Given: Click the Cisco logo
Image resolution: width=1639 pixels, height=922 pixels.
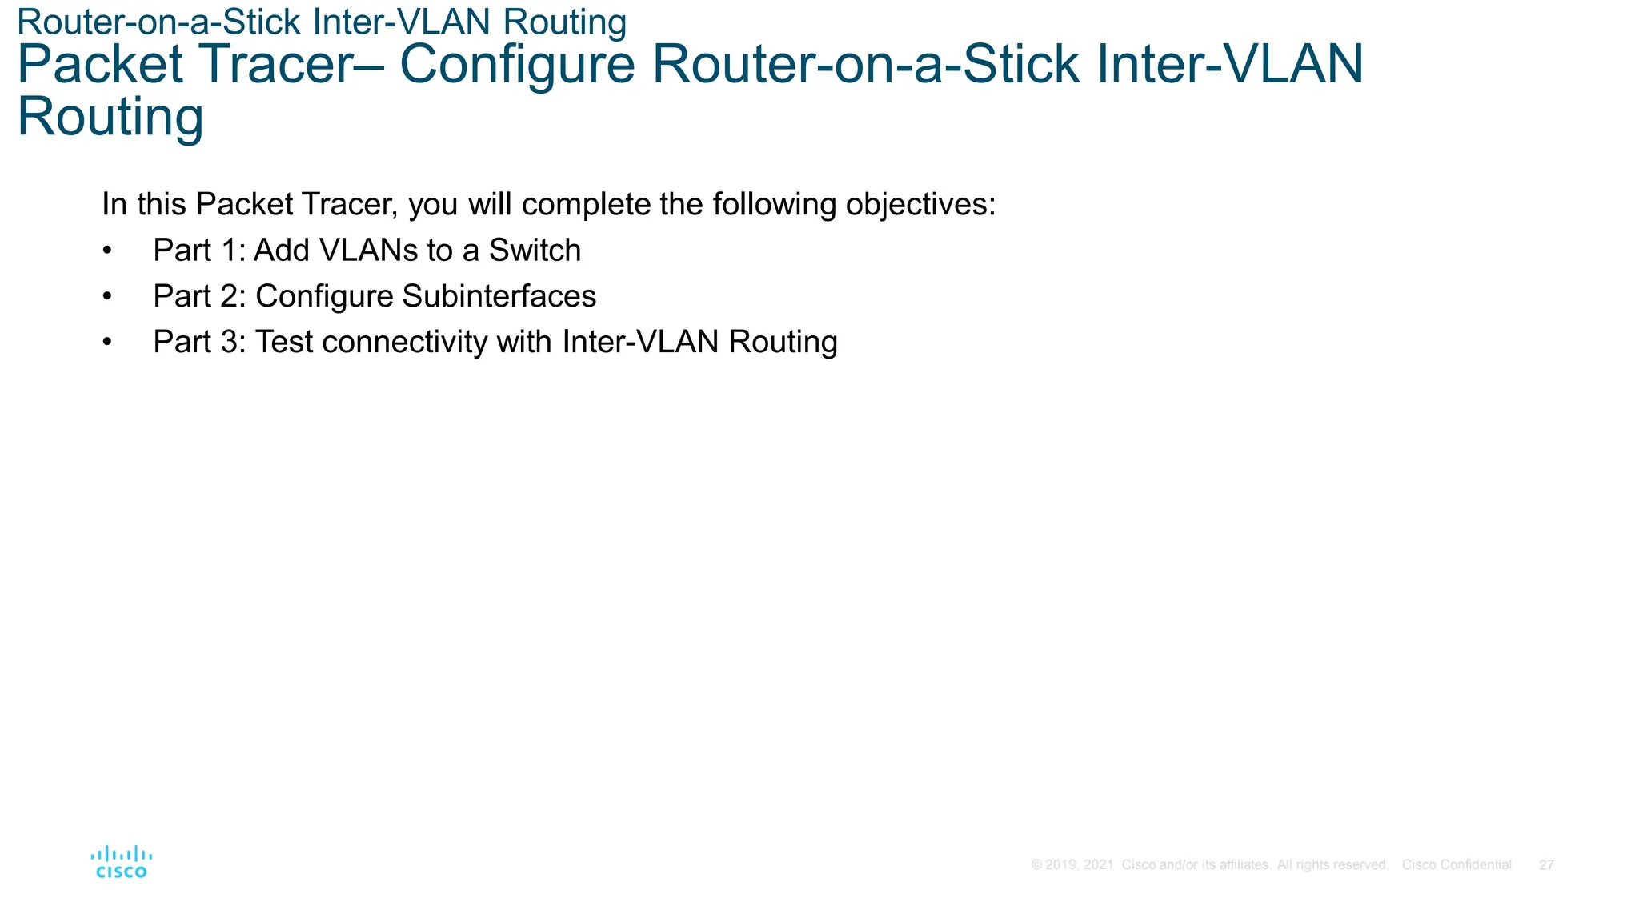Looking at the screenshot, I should pyautogui.click(x=121, y=862).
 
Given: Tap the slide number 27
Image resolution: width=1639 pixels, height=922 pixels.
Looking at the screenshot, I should pyautogui.click(x=1546, y=865).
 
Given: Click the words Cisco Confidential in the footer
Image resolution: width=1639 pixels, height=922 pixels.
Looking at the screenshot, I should pyautogui.click(x=1456, y=865).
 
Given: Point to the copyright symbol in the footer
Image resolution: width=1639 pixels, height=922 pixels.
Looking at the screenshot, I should pyautogui.click(x=1036, y=865).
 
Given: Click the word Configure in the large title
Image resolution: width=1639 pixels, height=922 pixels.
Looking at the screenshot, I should pyautogui.click(x=517, y=65).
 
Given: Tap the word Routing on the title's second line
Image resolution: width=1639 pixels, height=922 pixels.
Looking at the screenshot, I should pyautogui.click(x=110, y=118).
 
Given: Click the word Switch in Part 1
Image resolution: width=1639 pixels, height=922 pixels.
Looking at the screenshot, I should pyautogui.click(x=535, y=251).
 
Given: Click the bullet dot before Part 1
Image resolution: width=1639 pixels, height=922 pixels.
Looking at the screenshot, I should pyautogui.click(x=107, y=251).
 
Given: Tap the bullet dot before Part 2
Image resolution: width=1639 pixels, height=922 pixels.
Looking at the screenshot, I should pyautogui.click(x=107, y=297).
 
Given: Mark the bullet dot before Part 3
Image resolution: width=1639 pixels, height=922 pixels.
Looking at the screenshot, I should pyautogui.click(x=107, y=343).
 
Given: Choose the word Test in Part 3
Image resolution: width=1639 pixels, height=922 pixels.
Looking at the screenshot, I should pyautogui.click(x=283, y=342).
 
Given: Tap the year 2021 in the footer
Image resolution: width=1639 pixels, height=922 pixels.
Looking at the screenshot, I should pyautogui.click(x=1098, y=865).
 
